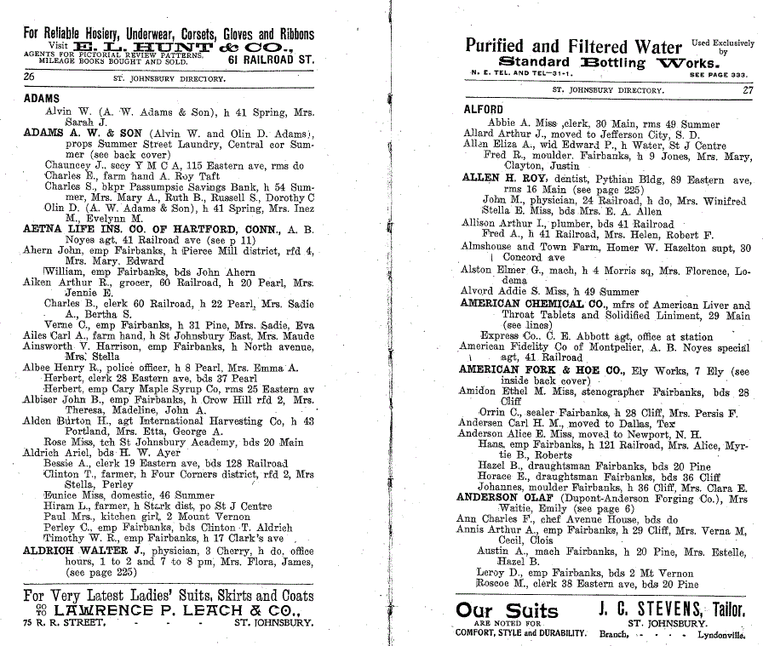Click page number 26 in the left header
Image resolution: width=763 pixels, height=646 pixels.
[29, 77]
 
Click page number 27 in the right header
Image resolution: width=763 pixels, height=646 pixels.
[747, 89]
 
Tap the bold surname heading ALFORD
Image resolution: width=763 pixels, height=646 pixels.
[483, 110]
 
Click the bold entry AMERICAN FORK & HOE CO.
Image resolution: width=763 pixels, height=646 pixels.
[540, 370]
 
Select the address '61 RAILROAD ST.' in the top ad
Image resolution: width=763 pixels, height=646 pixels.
[271, 60]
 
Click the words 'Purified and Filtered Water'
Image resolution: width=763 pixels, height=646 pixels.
[574, 46]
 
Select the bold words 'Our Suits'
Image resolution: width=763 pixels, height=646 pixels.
[507, 610]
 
